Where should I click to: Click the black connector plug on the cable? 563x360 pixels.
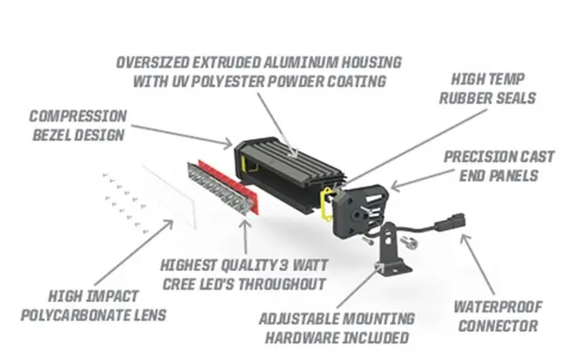450,214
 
